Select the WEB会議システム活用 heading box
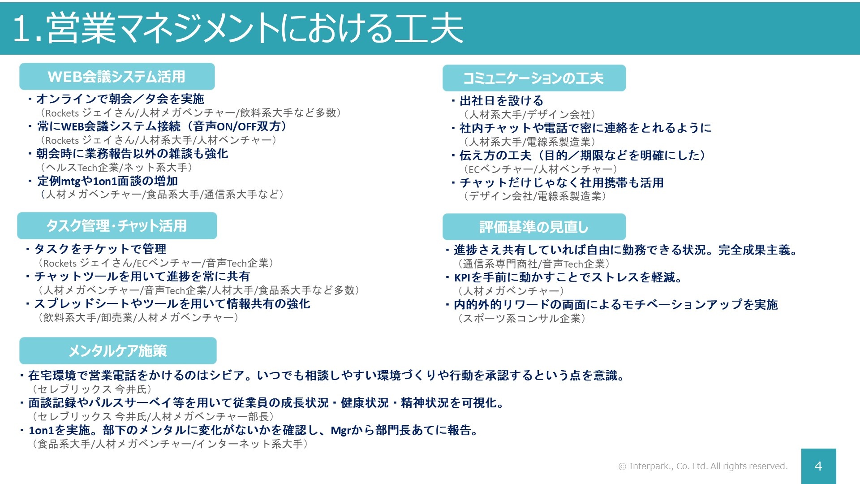point(117,77)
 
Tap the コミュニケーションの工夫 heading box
point(534,78)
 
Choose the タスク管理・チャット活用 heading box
point(117,226)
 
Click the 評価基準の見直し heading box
point(534,227)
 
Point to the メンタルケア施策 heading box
point(118,350)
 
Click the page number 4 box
point(818,466)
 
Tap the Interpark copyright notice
point(703,466)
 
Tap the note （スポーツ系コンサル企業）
point(521,319)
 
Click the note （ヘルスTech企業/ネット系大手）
point(116,168)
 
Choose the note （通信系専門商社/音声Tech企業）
point(533,264)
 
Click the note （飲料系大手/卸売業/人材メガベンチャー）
point(138,318)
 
